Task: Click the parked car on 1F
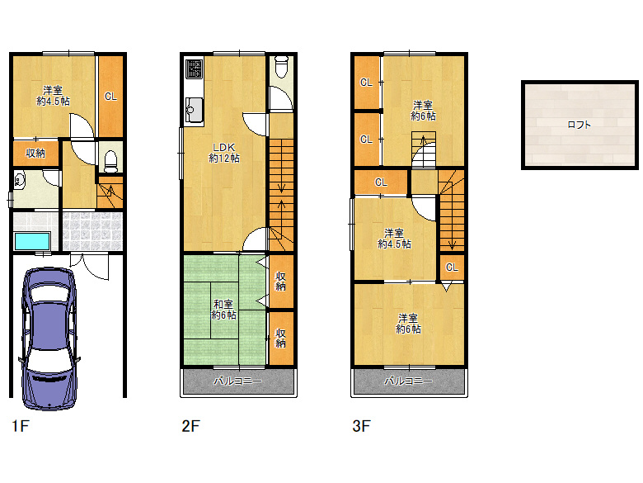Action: click(x=49, y=339)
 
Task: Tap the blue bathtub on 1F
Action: click(x=32, y=241)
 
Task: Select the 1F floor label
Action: click(x=20, y=426)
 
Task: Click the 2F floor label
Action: click(x=190, y=426)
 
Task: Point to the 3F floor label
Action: click(x=361, y=426)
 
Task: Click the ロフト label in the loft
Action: click(x=579, y=125)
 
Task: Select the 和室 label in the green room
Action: click(x=223, y=305)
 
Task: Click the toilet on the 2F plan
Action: click(x=281, y=67)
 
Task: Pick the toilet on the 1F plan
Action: click(x=110, y=161)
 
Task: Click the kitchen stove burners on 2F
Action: click(x=194, y=69)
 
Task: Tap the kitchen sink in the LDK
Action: click(x=194, y=110)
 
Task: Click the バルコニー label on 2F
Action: click(x=238, y=381)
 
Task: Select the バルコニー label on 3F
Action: click(x=408, y=381)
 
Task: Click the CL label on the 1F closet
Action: click(x=110, y=97)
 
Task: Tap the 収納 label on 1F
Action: click(x=35, y=154)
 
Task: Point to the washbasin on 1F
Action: click(x=19, y=180)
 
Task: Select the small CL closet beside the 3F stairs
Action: click(x=452, y=268)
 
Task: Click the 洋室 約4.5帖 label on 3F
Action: click(x=394, y=239)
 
